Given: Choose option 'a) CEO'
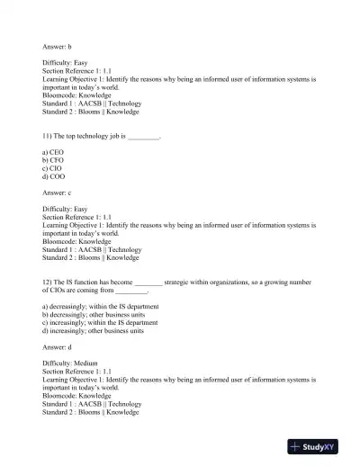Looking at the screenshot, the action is coord(53,153).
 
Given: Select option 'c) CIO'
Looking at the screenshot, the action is coord(53,168).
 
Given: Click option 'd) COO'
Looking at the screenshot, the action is coord(53,176).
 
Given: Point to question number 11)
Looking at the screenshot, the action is coord(48,135).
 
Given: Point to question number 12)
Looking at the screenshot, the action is coord(48,282).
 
